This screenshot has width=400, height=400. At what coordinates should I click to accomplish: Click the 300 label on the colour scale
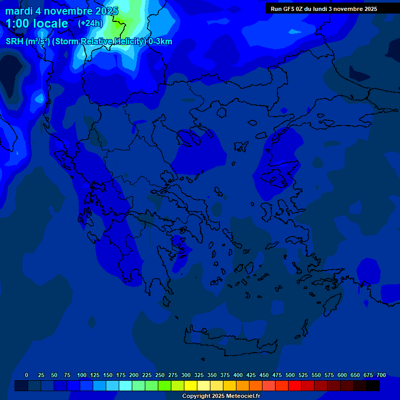click(186, 375)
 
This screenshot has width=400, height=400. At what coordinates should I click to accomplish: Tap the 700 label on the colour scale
click(381, 375)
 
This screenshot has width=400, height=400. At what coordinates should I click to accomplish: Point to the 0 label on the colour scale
click(27, 375)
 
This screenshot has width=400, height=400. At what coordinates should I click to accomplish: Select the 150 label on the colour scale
click(108, 375)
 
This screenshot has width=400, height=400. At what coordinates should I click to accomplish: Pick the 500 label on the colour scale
click(290, 375)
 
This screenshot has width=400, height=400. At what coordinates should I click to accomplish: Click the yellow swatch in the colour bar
click(191, 386)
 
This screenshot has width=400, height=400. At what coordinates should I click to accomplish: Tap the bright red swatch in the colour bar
click(295, 386)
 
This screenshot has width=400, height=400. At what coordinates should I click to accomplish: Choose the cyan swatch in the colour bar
click(126, 386)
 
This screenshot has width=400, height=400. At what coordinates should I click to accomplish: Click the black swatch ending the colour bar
click(373, 386)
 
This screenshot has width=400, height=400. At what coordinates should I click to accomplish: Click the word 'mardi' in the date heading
click(19, 11)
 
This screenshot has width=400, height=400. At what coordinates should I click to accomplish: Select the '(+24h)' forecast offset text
click(91, 23)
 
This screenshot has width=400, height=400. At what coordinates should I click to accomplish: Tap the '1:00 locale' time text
click(37, 23)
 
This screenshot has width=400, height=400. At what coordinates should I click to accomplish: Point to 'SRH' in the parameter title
click(14, 42)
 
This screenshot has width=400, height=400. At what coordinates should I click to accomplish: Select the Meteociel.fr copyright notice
click(221, 396)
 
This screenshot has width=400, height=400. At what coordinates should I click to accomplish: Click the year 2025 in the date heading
click(104, 11)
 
